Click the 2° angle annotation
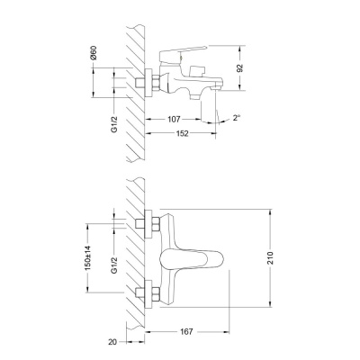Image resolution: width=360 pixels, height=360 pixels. [x=236, y=118]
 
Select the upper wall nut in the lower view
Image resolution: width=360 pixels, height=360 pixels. [x=144, y=222]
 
